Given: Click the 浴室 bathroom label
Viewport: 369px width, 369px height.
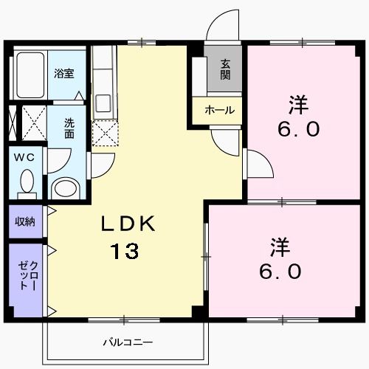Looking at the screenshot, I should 63,73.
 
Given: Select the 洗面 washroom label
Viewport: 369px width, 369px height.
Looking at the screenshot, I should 69,130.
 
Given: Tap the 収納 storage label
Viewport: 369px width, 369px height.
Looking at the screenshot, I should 24,221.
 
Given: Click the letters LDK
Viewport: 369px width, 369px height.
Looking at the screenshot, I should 128,224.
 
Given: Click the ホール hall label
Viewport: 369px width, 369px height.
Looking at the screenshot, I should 219,110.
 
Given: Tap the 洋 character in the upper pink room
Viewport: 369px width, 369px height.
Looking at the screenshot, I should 299,104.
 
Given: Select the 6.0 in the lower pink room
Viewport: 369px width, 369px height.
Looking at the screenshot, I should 280,272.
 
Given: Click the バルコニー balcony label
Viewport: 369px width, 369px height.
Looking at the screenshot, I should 127,342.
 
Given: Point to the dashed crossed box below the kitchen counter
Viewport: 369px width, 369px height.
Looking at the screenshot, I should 104,133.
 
